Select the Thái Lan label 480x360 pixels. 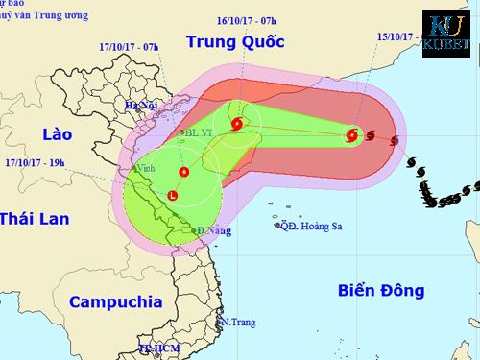(x=35, y=219)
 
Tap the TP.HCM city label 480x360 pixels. (x=158, y=350)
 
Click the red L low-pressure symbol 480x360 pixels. (x=172, y=196)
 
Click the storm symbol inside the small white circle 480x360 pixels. (x=236, y=122)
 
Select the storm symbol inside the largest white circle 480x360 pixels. (x=181, y=172)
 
